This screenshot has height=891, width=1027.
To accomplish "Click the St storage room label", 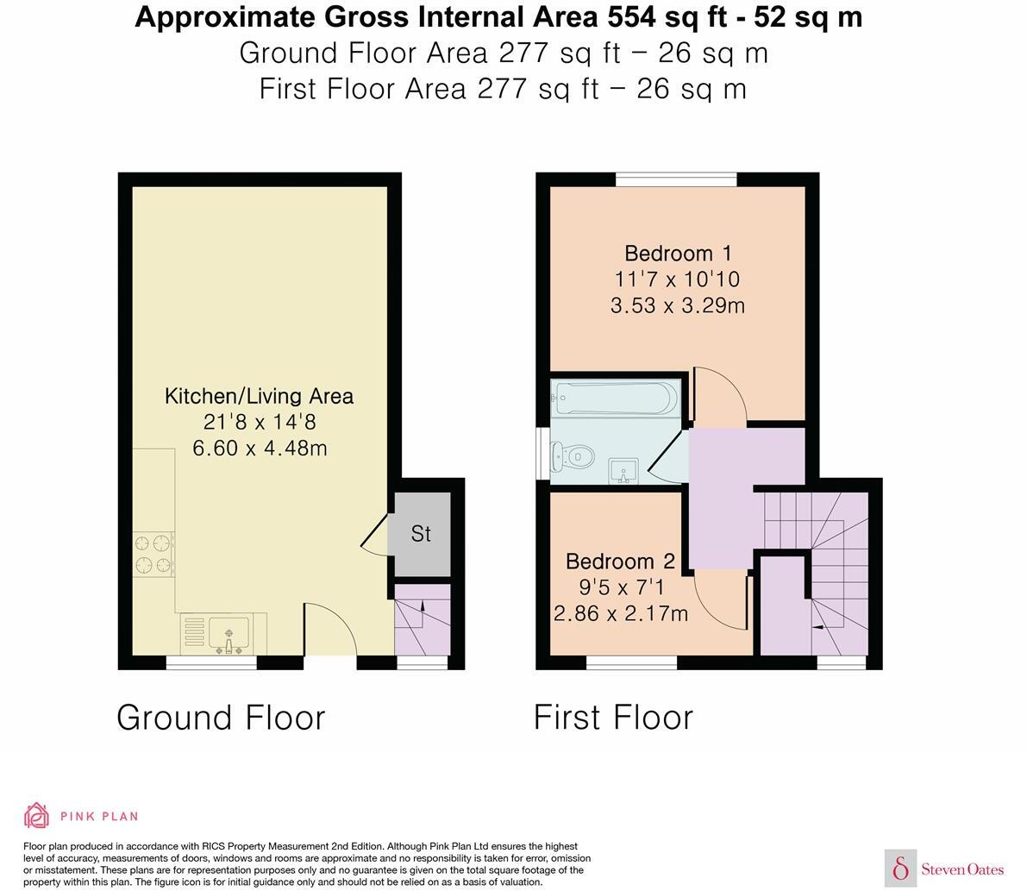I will [421, 534].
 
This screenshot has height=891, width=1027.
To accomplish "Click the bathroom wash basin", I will [621, 471].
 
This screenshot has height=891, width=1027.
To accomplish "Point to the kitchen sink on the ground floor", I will [228, 635].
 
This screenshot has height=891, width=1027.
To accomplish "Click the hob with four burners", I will [153, 555].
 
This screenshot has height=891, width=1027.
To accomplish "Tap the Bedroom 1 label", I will [678, 254].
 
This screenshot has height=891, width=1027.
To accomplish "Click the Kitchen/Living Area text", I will [259, 396].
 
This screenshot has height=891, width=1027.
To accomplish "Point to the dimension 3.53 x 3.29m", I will [678, 305].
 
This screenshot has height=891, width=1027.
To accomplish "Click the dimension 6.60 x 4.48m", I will [260, 449].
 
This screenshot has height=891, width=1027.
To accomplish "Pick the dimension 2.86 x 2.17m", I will [620, 613].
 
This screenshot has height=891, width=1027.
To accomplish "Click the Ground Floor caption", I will [221, 718].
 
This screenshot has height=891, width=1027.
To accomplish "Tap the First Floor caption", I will [613, 718].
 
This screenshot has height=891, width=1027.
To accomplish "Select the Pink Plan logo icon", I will [37, 815].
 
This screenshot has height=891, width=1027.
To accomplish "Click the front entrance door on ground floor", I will [330, 634].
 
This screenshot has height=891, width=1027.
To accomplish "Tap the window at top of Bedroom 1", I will [676, 179].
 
